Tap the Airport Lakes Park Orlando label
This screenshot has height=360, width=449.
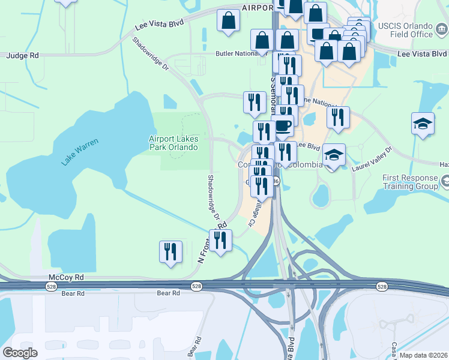pos(173,143)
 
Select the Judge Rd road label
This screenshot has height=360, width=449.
pos(22,55)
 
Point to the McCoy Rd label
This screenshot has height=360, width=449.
pos(66,278)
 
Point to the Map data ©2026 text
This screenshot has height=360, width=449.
pos(424,355)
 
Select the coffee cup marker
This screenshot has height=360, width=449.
pos(282,127)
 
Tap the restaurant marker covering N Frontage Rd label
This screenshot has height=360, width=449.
pos(220,240)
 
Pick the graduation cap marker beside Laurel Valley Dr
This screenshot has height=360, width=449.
pos(334,155)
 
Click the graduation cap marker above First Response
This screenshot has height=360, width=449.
pos(423,124)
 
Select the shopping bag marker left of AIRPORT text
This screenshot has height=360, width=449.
pos(228,21)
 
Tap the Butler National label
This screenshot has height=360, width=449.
pos(237,53)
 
